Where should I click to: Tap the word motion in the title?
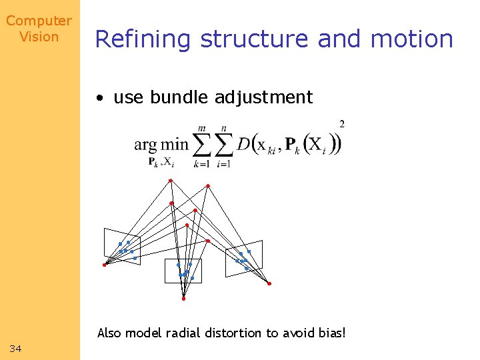click(412, 39)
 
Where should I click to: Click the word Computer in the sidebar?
click(39, 21)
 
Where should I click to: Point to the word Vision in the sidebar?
click(39, 37)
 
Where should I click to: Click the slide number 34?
click(16, 349)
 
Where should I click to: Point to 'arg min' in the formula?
click(161, 144)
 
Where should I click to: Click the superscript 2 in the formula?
click(342, 124)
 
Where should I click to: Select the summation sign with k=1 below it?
click(201, 145)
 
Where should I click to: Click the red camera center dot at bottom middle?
click(183, 299)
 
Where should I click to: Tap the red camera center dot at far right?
click(269, 284)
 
